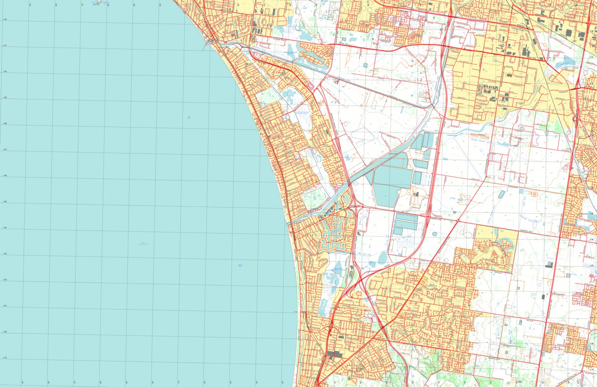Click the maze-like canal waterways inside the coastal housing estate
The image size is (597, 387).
tap(335, 238)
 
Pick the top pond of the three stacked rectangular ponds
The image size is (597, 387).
tap(407, 217)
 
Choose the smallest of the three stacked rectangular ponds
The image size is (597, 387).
tap(398, 231)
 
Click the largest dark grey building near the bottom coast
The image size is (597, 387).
tap(335, 353)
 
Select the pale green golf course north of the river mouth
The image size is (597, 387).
tap(313, 199)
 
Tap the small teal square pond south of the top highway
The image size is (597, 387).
tap(366, 65)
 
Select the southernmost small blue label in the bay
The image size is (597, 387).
tap(240, 265)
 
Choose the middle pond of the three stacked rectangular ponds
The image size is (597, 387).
tap(405, 225)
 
